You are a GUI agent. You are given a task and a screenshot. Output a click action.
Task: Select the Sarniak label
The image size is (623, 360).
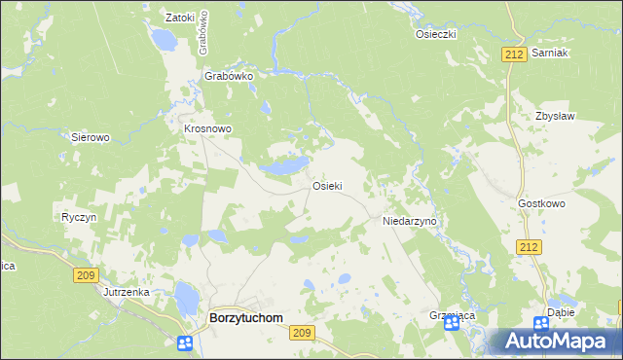point(550,54)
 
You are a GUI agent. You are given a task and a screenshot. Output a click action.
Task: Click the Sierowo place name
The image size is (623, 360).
point(91,138)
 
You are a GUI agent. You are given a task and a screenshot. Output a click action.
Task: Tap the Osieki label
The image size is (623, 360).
point(326,186)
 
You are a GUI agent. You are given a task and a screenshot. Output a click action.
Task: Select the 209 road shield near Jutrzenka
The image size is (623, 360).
point(86,275)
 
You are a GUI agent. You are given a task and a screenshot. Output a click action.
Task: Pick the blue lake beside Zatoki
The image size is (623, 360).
point(164,40)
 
